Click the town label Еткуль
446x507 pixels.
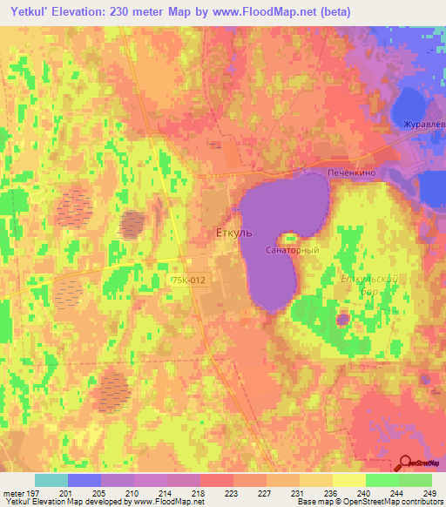coord(233,233)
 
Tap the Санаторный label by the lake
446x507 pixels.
coord(292,250)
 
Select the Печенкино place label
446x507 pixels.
coord(351,174)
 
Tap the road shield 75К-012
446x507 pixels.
coord(188,280)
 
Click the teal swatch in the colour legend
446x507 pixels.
coord(51,480)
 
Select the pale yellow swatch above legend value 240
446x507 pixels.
coord(349,480)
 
